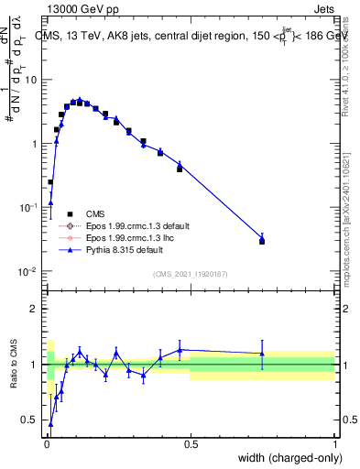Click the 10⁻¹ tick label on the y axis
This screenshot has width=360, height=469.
[27, 208]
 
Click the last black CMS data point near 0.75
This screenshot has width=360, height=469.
[262, 241]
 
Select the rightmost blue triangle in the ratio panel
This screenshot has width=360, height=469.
[262, 354]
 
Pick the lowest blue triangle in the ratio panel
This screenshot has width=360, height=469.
[50, 424]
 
